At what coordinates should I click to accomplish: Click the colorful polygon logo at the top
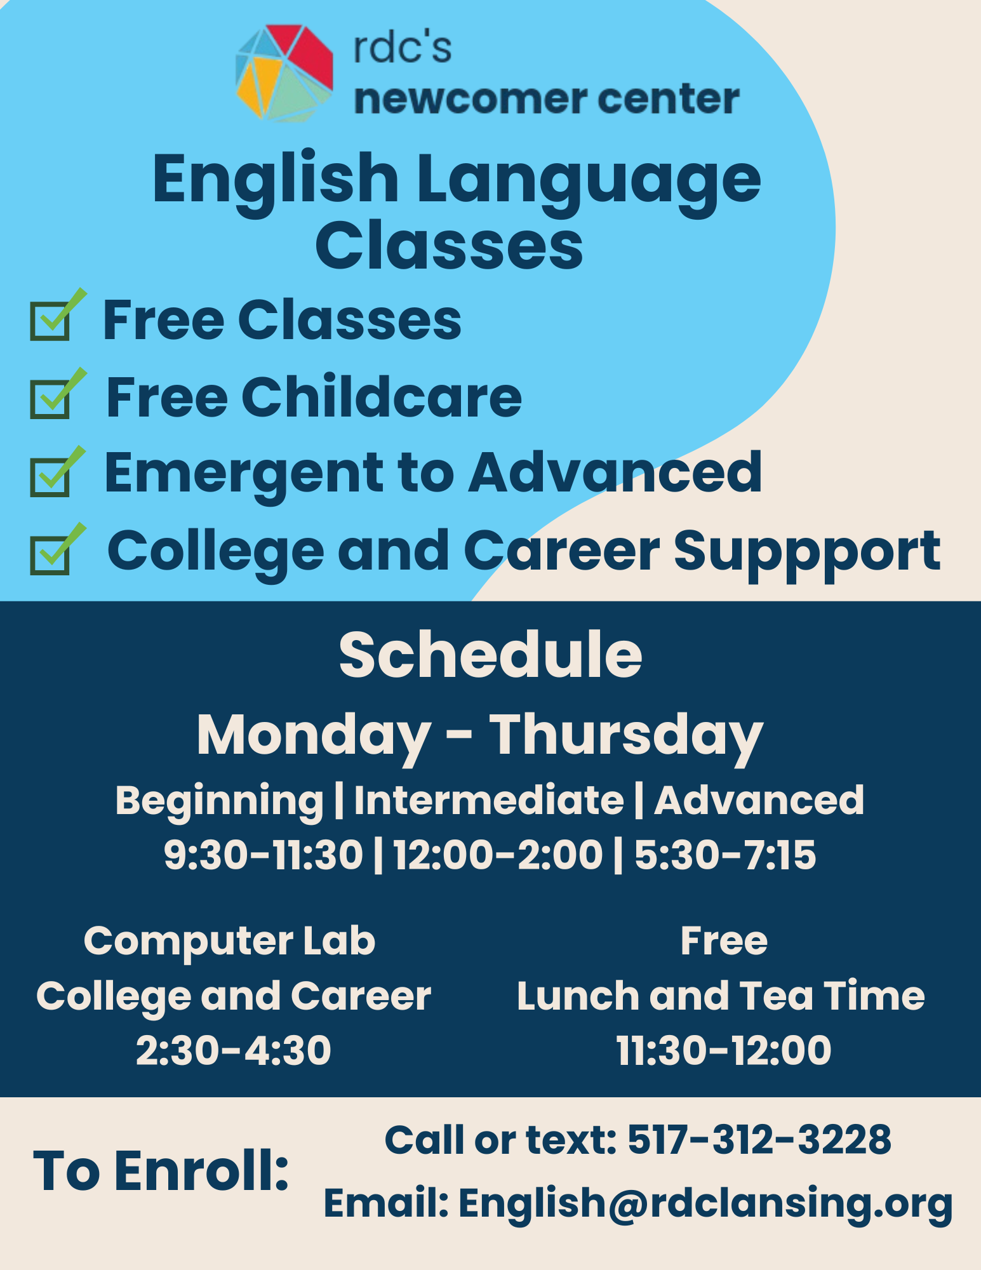point(284,73)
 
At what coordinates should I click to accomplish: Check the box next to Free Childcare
point(50,399)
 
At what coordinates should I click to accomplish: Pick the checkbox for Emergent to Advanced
point(50,476)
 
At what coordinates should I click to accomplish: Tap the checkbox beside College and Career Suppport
point(50,554)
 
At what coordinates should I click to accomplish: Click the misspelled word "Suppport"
point(806,551)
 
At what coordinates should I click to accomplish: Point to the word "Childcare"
point(381,398)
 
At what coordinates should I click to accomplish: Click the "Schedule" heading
point(490,655)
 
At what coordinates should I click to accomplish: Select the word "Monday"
point(314,735)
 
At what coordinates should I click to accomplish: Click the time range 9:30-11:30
point(264,854)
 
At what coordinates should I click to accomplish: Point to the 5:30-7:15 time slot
point(725,854)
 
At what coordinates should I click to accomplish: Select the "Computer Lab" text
point(229,940)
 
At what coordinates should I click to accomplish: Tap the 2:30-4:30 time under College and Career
point(234,1050)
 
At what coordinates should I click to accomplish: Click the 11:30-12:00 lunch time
point(724,1050)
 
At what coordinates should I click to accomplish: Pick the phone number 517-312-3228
point(759,1139)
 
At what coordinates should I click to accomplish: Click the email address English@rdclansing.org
point(705,1203)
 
